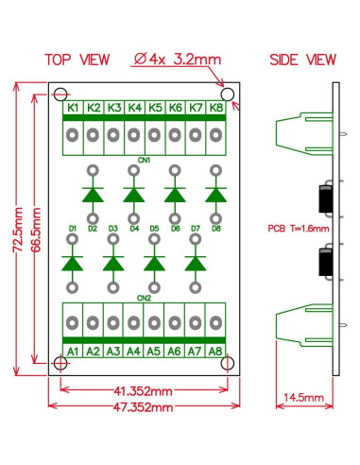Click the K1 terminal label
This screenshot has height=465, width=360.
point(72,109)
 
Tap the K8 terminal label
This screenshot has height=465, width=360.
point(215,109)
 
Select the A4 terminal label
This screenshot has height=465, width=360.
point(133,352)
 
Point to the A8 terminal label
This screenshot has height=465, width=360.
point(215,352)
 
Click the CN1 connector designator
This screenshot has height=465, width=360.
point(144,158)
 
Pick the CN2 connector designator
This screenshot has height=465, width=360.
point(144,298)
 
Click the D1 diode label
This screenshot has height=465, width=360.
point(72,229)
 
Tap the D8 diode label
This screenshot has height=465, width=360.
point(216,229)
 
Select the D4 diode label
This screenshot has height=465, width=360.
point(133,229)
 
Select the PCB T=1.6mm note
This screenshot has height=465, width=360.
point(298,228)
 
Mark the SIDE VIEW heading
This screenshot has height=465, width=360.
point(301,60)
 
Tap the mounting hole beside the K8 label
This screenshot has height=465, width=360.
point(227,95)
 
